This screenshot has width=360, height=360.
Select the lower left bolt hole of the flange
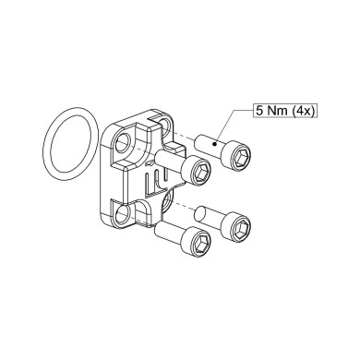coord(123,214)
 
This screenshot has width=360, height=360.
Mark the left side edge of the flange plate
coord(100,180)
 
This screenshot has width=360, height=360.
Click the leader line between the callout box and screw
coord(236,127)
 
